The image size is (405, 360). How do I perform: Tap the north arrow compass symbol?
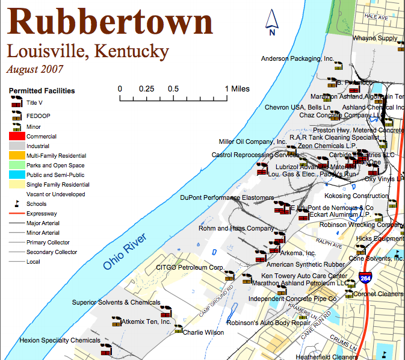pos(272,22)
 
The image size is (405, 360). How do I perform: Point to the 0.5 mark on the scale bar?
pos(173,88)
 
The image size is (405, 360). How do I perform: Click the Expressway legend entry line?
pos(16,214)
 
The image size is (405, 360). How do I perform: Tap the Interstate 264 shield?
pos(365,278)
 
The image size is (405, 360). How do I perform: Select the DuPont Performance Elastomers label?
pos(227,197)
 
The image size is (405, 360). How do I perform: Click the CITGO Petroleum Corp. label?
pos(190,267)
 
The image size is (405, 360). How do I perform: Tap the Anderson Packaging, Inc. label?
pos(297,58)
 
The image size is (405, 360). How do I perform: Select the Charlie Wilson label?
pos(203,332)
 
